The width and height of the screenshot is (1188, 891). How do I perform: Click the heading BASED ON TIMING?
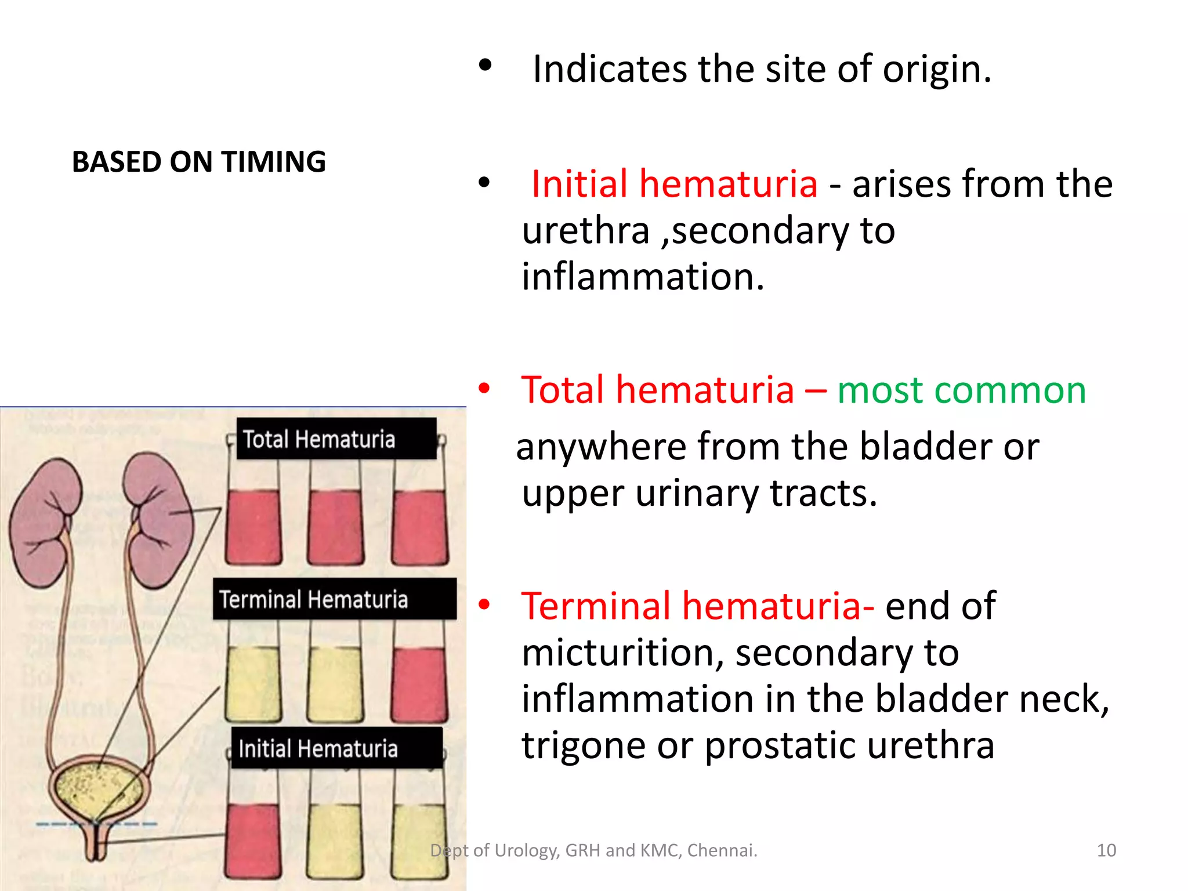click(x=198, y=162)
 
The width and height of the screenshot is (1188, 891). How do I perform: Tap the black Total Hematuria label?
click(x=336, y=439)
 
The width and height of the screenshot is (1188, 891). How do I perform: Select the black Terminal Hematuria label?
click(x=334, y=599)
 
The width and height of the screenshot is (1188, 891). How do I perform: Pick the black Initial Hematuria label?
click(x=336, y=748)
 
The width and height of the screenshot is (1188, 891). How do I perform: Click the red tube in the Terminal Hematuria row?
click(x=419, y=684)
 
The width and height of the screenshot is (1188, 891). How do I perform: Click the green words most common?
click(x=961, y=390)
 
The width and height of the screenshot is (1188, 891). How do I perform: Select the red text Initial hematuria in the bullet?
click(x=674, y=184)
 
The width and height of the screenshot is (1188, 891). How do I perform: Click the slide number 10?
click(x=1106, y=850)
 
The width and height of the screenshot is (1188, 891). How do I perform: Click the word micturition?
click(x=622, y=653)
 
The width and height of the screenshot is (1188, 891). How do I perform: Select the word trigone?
click(x=583, y=746)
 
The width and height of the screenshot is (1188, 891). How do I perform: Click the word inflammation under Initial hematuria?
click(x=643, y=277)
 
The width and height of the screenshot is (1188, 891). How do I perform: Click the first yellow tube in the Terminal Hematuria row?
click(x=253, y=684)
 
